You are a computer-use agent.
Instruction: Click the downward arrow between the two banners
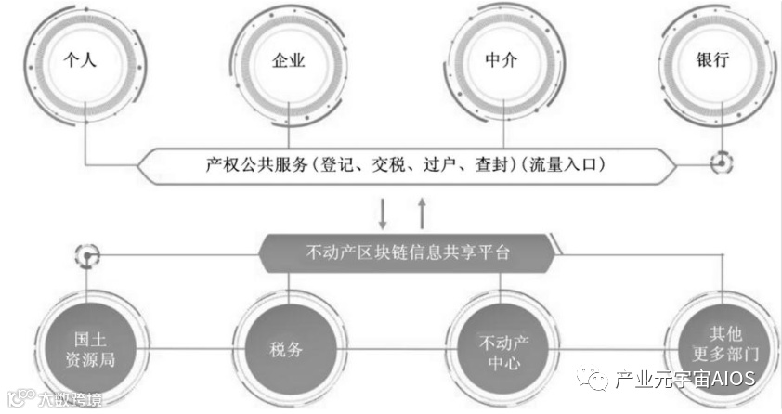383,213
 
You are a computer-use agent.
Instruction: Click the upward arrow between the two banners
424,213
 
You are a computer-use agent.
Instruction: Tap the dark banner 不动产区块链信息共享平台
409,252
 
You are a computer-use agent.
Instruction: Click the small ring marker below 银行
721,165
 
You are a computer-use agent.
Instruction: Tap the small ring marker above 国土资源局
86,252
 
